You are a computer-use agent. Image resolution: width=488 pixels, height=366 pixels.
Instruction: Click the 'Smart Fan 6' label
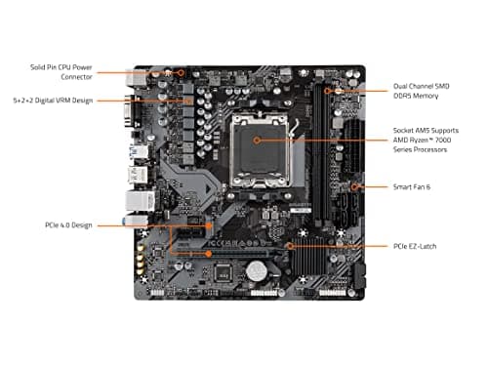tap(413, 184)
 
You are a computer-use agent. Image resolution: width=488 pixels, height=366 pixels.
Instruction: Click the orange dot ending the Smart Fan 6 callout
tap(355, 184)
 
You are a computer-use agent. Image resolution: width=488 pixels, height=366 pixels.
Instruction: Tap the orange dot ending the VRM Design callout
tap(187, 100)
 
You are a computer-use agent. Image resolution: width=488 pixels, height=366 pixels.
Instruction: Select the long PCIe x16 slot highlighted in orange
tap(224, 253)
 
